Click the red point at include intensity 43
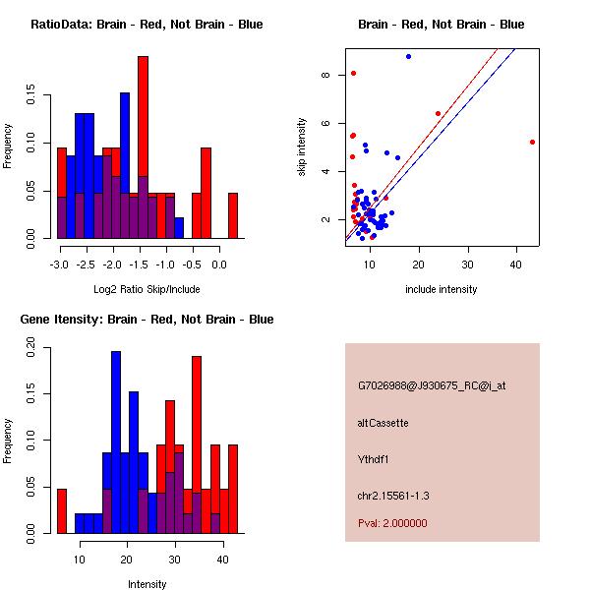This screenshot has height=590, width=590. (532, 142)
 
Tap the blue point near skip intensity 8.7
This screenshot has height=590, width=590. (408, 56)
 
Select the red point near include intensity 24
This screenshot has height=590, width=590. (438, 113)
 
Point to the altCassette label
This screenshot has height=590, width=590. (383, 422)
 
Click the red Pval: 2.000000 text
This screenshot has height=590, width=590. (392, 523)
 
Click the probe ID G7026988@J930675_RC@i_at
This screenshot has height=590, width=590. (432, 385)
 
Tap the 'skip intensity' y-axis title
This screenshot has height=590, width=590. (303, 147)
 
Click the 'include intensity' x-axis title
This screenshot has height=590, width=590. (442, 289)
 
